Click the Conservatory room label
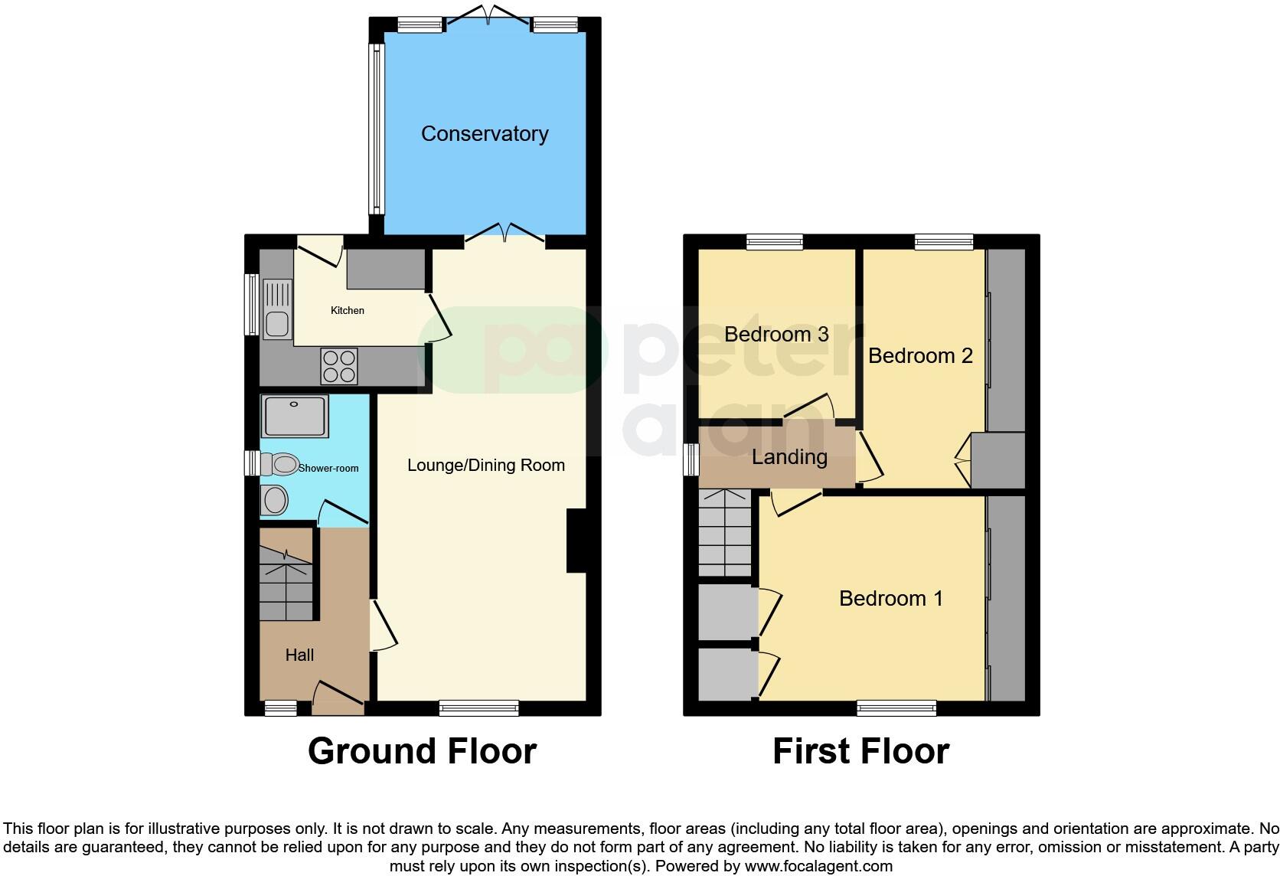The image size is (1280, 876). tap(485, 134)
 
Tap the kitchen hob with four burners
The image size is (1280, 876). tap(339, 366)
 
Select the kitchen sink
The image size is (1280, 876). tap(276, 310)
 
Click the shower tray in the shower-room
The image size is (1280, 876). tap(295, 416)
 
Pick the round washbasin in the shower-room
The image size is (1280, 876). tap(274, 501)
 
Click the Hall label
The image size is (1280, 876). tap(299, 655)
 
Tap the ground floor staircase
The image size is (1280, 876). tap(286, 583)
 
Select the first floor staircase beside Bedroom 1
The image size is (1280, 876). tap(725, 533)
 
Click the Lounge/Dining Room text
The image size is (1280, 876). tap(485, 466)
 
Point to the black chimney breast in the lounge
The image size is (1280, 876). tap(576, 541)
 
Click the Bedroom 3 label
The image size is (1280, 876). tap(776, 335)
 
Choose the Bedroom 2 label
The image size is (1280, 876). tap(920, 356)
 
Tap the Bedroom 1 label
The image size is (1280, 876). tap(890, 598)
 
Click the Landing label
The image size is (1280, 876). tap(789, 457)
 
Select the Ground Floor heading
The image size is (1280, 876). tap(422, 751)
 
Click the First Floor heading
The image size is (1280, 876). tap(860, 751)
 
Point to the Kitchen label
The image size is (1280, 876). tap(347, 310)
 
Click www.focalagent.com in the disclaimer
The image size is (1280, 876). tap(818, 866)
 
